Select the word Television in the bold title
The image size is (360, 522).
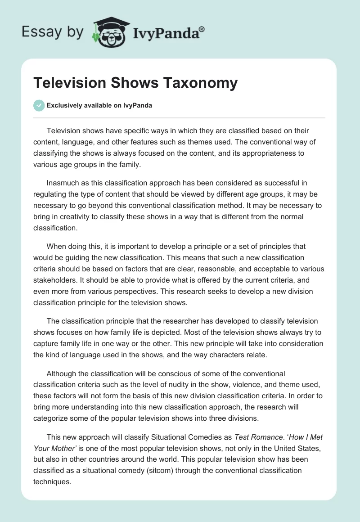coord(65,83)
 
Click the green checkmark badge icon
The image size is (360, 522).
coord(39,106)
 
